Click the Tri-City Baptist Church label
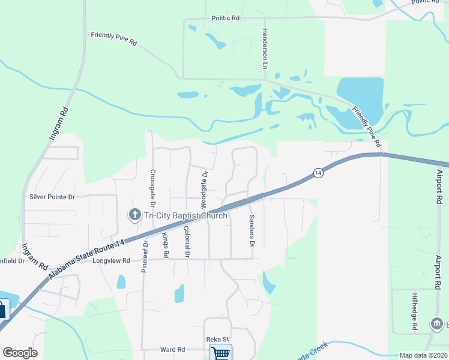184,216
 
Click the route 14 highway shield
318,173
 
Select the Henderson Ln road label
264,48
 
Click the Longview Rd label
111,261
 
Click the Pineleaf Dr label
145,257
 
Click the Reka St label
218,340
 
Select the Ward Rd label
172,349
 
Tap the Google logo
20,353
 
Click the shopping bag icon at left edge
3,310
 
